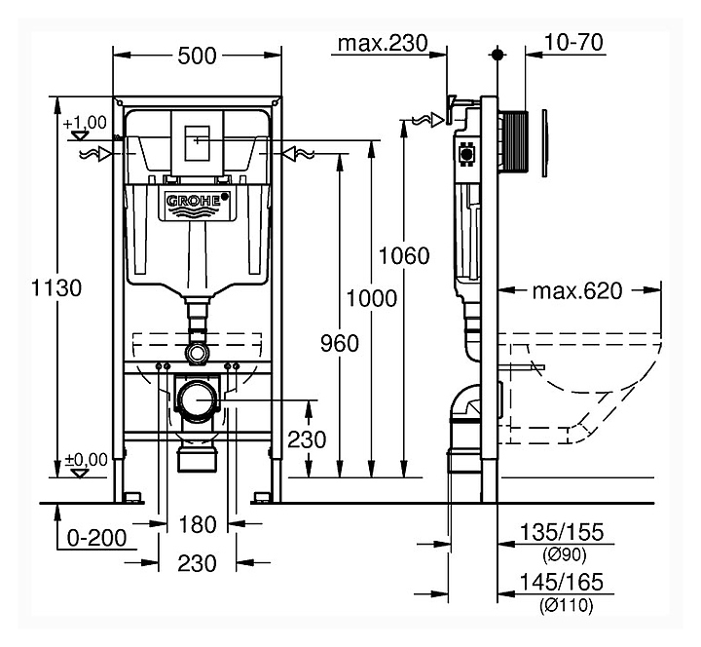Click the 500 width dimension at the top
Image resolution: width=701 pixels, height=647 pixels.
197,56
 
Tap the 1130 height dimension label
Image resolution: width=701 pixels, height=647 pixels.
56,287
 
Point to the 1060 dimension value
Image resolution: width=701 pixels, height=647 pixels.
404,255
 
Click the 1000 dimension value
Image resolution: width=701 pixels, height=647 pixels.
372,298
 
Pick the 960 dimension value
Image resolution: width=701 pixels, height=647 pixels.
340,343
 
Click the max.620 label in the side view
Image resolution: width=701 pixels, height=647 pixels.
577,290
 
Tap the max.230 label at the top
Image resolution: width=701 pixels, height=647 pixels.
383,44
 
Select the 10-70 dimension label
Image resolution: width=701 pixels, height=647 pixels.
573,43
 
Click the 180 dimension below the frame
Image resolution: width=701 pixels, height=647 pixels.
197,524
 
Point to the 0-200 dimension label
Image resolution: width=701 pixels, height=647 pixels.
96,537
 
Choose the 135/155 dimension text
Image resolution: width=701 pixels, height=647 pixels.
562,532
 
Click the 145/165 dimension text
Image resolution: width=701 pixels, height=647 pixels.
562,582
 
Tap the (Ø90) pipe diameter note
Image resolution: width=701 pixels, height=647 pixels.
564,554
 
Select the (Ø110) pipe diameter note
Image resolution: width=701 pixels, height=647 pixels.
566,605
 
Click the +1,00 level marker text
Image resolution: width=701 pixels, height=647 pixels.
85,123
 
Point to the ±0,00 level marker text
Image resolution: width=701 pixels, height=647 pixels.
87,460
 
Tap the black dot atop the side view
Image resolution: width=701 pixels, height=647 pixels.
498,55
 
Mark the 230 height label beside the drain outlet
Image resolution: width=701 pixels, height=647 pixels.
307,439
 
